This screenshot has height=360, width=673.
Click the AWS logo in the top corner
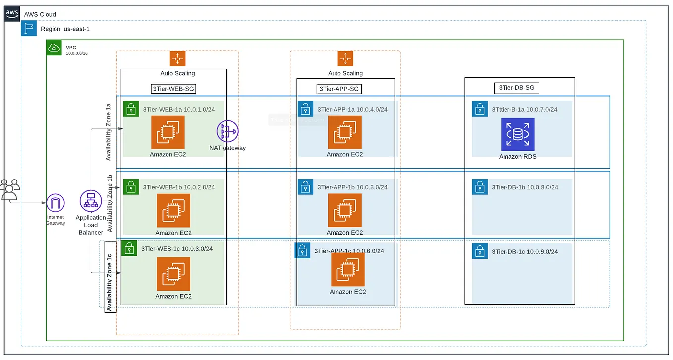[12, 14]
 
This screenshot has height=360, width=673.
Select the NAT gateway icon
[227, 131]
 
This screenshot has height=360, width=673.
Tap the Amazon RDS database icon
[517, 134]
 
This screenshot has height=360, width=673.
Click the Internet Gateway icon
[56, 203]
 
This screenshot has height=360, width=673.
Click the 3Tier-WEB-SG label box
[173, 89]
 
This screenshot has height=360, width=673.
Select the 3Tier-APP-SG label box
[339, 89]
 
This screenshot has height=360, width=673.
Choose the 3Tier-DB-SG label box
[516, 88]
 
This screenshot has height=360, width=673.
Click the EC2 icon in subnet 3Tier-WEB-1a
[168, 132]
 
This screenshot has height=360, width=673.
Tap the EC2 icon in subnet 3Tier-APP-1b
[344, 210]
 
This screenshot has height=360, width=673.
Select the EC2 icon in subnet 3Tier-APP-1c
[347, 269]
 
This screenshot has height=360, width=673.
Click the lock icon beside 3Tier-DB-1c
[479, 251]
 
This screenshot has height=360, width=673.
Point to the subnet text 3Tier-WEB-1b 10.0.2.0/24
[178, 187]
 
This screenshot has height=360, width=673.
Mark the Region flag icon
[29, 29]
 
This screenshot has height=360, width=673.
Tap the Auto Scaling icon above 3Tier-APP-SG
[345, 59]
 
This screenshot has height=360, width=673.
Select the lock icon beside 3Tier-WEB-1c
[129, 248]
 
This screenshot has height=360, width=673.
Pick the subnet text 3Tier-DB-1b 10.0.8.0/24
[524, 187]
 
